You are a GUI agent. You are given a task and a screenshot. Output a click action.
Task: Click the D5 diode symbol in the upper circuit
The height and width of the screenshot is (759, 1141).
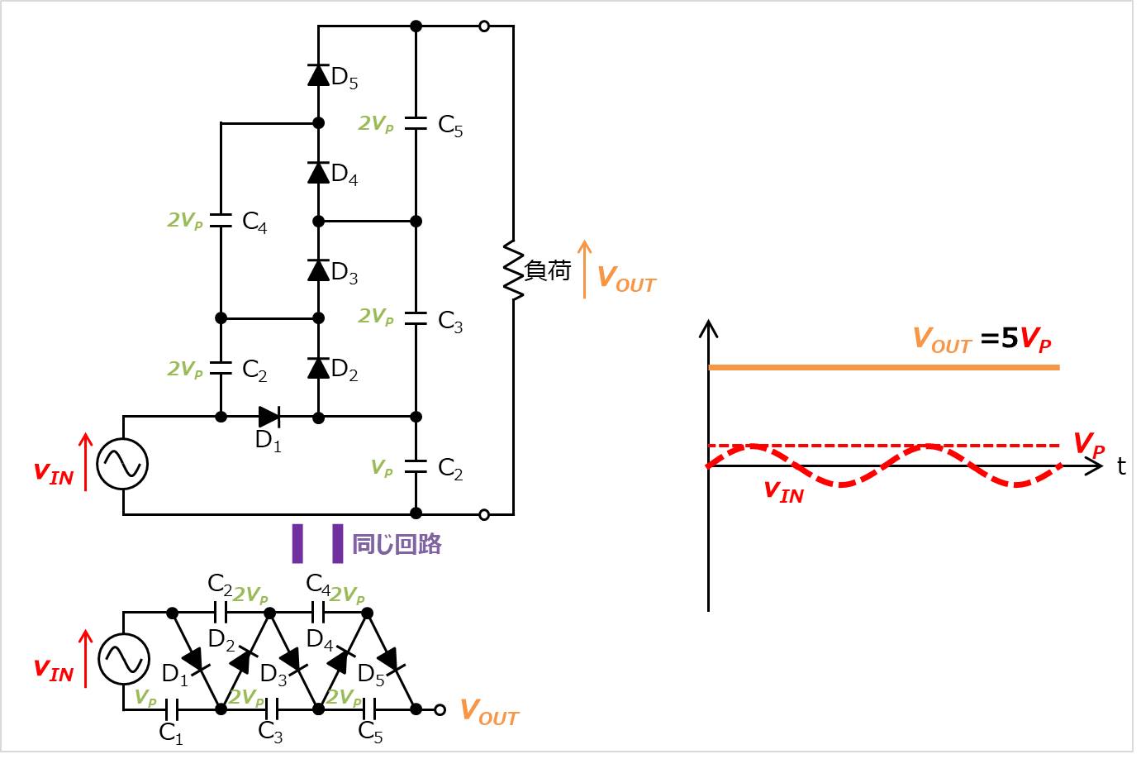318,74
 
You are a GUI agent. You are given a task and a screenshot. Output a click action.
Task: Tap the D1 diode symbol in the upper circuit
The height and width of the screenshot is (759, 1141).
269,417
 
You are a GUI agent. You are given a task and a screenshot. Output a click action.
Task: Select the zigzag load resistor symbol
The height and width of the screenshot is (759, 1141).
513,271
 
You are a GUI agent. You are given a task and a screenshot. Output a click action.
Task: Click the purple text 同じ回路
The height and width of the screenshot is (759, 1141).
397,544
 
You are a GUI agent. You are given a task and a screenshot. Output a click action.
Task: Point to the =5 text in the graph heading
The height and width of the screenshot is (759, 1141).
999,338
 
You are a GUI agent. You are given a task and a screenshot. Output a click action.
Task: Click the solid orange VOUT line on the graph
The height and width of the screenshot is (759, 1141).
884,367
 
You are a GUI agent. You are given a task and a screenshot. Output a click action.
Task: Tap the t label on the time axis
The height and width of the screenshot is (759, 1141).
1121,466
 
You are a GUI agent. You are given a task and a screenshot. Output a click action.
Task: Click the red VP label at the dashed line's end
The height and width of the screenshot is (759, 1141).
1089,445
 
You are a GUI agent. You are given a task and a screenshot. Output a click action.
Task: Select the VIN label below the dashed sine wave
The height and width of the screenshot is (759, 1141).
783,493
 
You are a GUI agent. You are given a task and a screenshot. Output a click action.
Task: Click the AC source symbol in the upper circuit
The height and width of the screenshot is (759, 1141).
122,464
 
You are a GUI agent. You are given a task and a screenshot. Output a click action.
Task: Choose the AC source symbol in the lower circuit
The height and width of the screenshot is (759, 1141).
124,660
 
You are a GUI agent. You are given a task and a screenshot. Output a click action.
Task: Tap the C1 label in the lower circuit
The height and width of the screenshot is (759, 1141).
170,733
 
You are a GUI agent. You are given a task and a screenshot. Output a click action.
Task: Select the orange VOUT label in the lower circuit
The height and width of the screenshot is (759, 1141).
489,712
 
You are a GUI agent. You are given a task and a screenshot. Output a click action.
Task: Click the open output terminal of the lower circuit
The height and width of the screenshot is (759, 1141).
440,709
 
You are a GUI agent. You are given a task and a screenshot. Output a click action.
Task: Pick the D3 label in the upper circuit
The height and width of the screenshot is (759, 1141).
345,272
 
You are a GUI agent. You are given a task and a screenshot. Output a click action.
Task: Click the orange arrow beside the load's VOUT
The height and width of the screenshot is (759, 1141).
585,269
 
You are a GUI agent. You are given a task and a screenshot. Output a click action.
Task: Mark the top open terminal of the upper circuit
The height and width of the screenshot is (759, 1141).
484,26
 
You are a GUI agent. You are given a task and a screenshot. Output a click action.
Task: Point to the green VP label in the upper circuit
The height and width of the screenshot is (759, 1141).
382,468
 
